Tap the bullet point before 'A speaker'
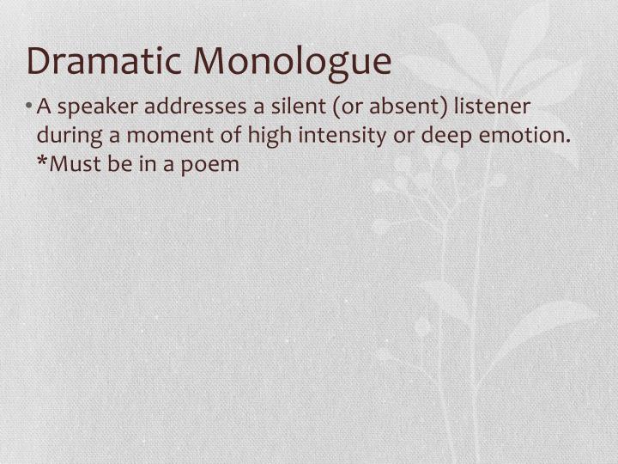point(31,107)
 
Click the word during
point(64,136)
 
